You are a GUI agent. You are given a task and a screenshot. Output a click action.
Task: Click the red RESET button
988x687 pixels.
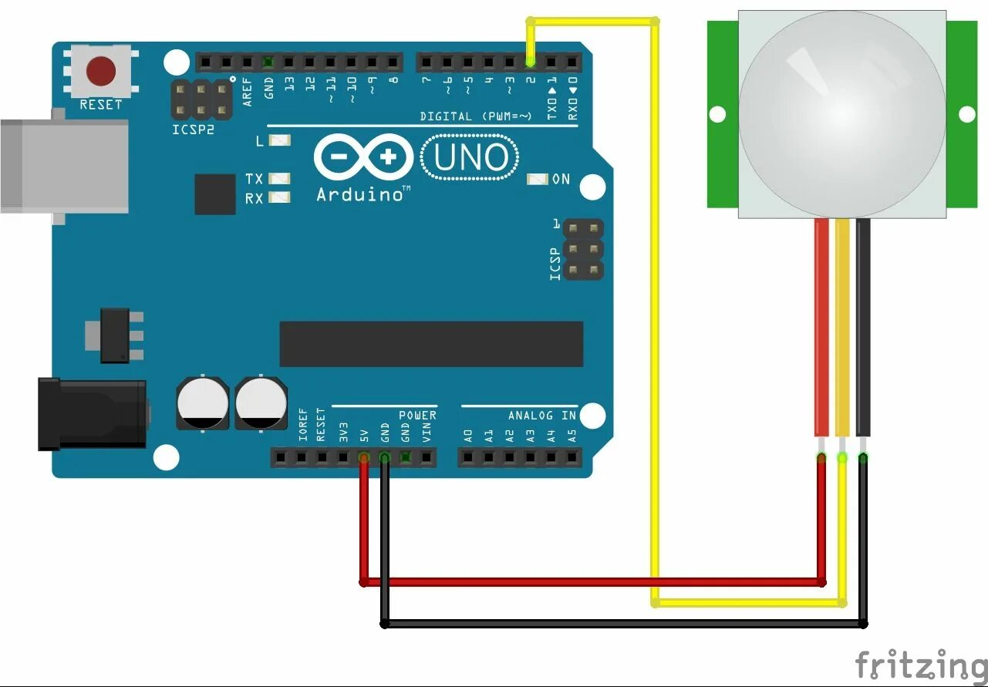(x=101, y=71)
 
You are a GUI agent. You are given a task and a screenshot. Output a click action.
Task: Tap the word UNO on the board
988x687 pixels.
(x=471, y=158)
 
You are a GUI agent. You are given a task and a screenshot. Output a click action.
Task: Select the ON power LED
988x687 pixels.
(x=538, y=179)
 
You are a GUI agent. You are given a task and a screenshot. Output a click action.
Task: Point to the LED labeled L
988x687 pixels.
(x=279, y=141)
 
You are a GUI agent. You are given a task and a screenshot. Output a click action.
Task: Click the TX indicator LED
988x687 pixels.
(x=279, y=179)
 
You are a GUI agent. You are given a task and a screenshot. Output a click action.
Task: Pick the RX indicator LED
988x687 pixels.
(x=279, y=198)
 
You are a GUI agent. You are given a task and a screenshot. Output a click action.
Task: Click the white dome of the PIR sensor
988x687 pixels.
(x=841, y=112)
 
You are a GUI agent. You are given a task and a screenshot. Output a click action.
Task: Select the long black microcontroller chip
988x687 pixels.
(x=431, y=344)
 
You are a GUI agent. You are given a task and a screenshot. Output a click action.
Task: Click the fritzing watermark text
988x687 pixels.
(x=920, y=665)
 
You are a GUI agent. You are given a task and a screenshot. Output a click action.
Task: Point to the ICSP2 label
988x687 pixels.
(x=193, y=130)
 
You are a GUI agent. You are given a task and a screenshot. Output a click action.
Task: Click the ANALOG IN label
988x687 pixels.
(x=541, y=416)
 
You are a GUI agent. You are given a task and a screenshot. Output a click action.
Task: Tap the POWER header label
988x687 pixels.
(x=417, y=416)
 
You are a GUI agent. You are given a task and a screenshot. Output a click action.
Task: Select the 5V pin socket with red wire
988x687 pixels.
(x=363, y=458)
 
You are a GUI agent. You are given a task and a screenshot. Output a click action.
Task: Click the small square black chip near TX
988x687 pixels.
(x=214, y=194)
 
